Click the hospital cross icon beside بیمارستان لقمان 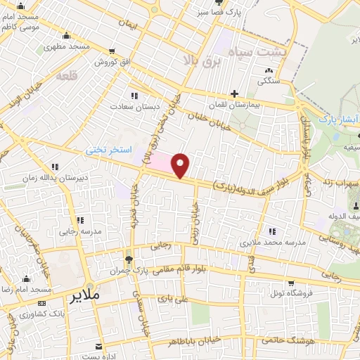tap(235, 93)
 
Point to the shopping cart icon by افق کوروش tap(112, 51)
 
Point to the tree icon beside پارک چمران tap(127, 258)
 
